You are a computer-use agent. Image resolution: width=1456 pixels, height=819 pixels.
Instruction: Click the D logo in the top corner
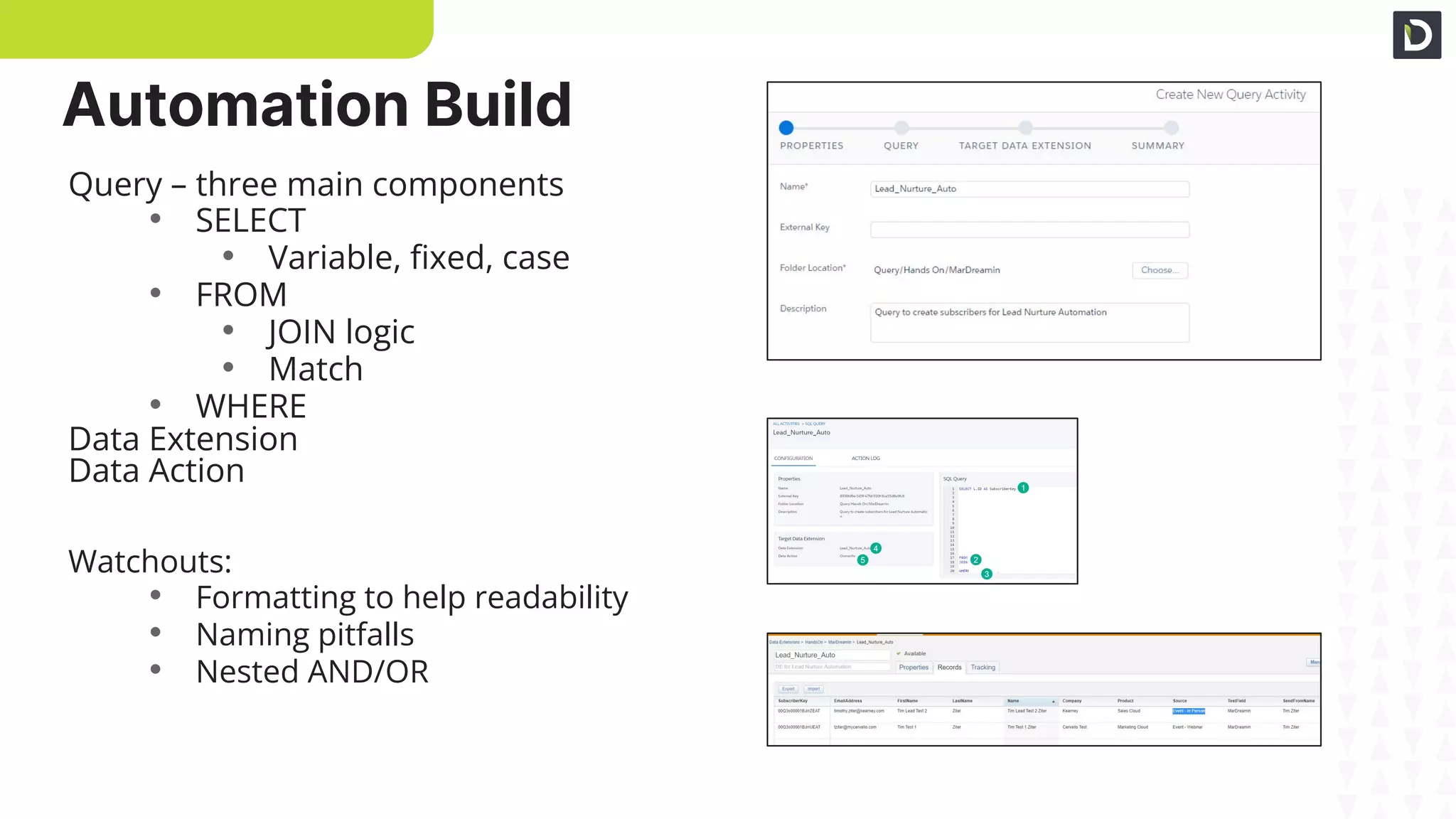[x=1416, y=35]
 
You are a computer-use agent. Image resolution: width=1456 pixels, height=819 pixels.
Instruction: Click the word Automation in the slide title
[x=235, y=105]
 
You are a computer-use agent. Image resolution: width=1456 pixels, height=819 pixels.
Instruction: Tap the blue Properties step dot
[x=786, y=128]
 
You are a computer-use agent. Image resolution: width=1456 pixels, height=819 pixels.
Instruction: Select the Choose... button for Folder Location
[x=1160, y=270]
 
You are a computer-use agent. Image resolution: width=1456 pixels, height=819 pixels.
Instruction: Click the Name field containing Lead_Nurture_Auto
[x=1029, y=189]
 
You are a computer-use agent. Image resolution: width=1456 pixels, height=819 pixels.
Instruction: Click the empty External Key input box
[x=1029, y=230]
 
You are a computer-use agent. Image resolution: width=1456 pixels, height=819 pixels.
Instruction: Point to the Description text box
[x=1029, y=323]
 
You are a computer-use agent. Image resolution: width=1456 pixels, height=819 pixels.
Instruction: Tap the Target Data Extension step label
[x=1024, y=146]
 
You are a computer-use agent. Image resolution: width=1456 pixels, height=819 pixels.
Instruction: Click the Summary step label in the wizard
[x=1157, y=146]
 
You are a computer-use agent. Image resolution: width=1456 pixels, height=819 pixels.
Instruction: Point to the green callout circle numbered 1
[x=1023, y=488]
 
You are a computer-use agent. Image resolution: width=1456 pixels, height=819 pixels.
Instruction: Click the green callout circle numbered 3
[x=987, y=574]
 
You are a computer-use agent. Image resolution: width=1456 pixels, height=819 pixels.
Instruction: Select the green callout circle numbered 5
[x=862, y=560]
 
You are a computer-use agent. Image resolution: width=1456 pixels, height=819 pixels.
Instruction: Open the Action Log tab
[x=865, y=459]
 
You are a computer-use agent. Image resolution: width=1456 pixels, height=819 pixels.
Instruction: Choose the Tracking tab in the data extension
[x=983, y=668]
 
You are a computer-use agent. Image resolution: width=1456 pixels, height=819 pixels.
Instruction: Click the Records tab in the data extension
[x=949, y=668]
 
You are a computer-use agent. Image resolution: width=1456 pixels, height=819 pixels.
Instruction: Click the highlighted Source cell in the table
[x=1188, y=711]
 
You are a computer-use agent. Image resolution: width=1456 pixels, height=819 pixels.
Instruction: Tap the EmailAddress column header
[x=847, y=701]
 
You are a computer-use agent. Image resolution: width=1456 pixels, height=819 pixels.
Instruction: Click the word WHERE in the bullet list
[x=250, y=407]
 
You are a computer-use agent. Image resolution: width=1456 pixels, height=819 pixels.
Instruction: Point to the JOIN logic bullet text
[x=341, y=332]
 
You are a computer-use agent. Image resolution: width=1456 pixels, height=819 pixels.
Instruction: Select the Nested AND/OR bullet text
[x=312, y=672]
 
